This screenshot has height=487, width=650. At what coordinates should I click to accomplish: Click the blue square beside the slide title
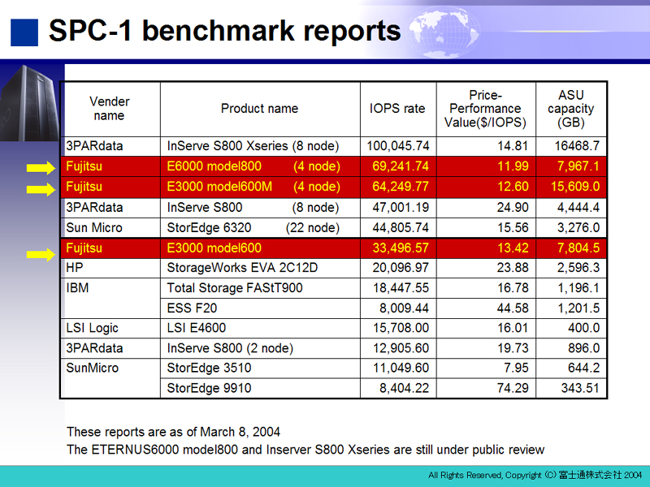click(24, 32)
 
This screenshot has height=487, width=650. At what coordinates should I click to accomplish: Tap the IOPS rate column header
click(397, 109)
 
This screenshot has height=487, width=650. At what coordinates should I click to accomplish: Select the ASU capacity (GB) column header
click(571, 109)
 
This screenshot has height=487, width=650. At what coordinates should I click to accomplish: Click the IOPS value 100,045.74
click(398, 146)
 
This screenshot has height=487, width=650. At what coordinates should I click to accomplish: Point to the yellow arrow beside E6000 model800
click(41, 168)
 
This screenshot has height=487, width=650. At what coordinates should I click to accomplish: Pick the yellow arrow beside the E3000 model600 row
click(41, 254)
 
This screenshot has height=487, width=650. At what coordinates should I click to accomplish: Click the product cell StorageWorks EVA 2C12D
click(242, 268)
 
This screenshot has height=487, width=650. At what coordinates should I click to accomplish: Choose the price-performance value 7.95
click(516, 368)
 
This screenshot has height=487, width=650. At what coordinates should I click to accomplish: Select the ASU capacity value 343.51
click(580, 388)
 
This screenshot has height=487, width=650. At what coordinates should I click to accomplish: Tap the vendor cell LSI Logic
click(92, 328)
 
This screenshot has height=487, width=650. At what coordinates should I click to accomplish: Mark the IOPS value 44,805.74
click(401, 228)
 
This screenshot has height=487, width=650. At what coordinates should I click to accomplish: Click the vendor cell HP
click(75, 268)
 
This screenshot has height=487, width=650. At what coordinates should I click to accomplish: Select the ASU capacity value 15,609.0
click(575, 187)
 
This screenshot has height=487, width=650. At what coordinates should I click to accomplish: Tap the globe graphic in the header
click(444, 31)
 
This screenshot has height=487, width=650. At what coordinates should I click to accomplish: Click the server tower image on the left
click(30, 104)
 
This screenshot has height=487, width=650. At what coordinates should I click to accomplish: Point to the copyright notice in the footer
click(535, 475)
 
